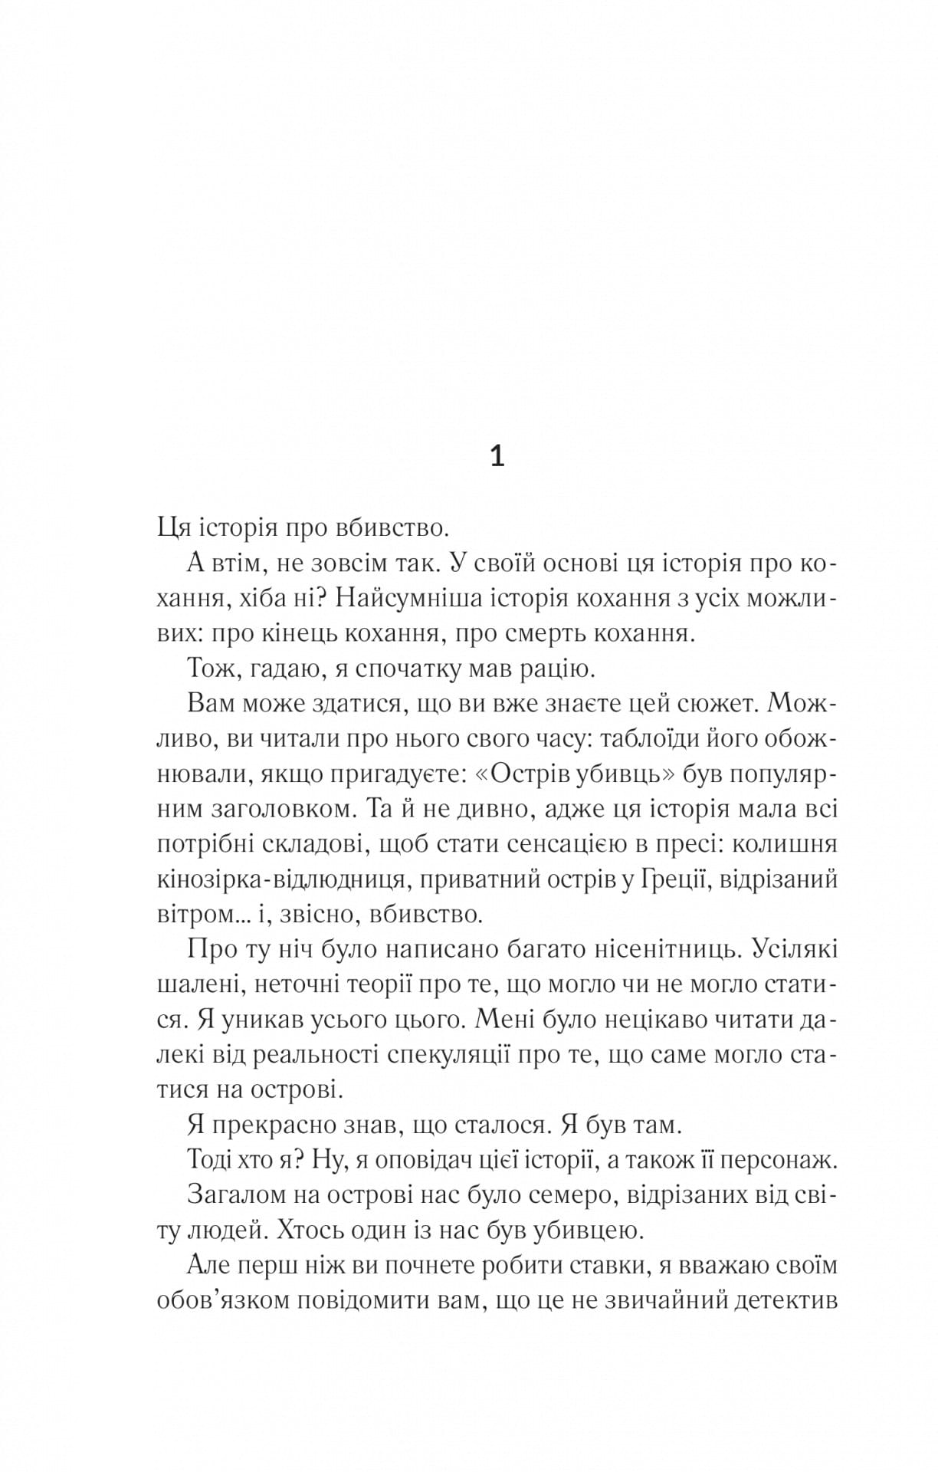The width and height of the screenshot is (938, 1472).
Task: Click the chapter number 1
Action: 497,457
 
